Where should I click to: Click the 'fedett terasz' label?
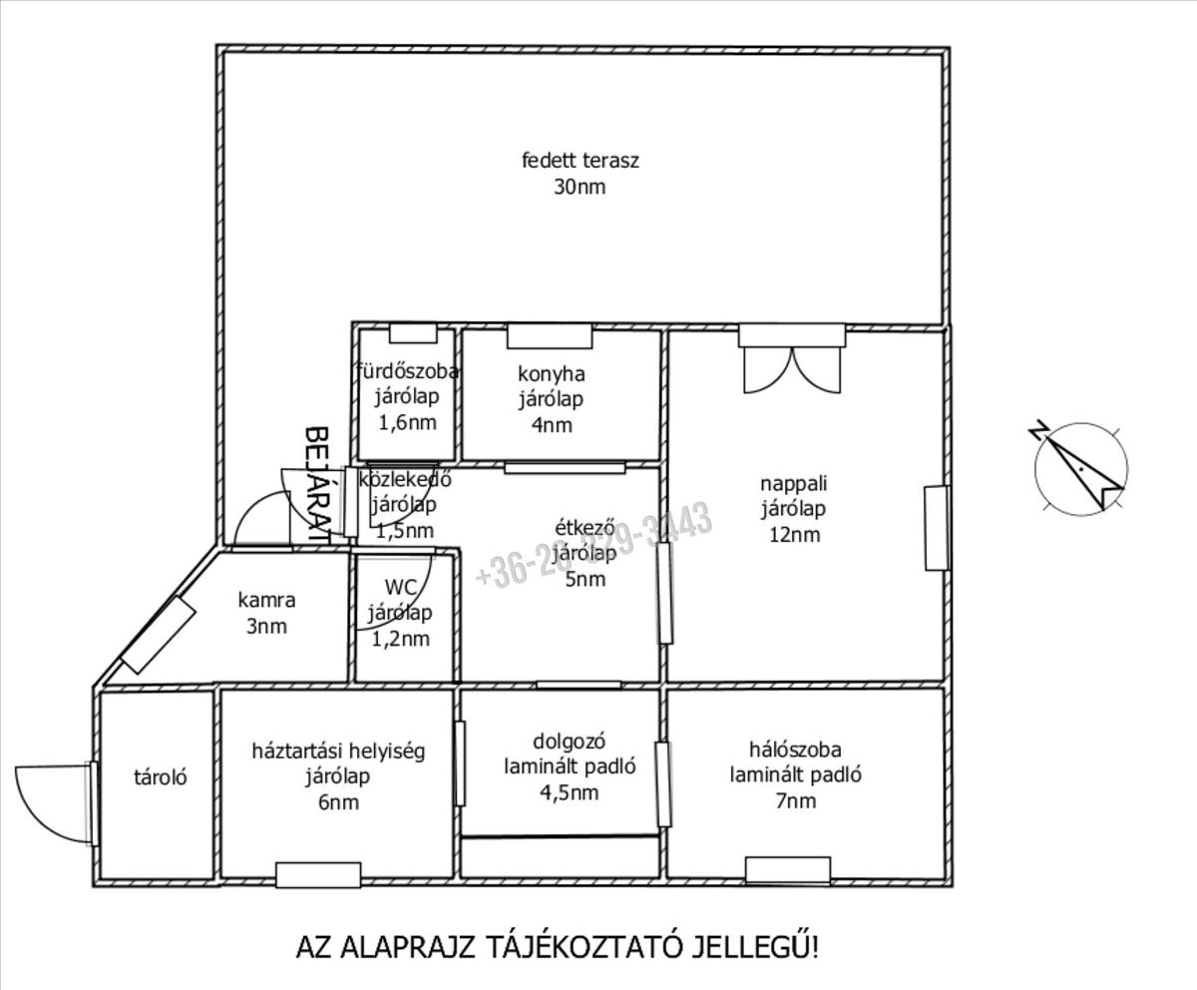pyautogui.click(x=580, y=160)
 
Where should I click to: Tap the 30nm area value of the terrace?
pyautogui.click(x=580, y=187)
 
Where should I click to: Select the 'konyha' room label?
pyautogui.click(x=551, y=374)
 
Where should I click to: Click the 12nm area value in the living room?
pyautogui.click(x=794, y=534)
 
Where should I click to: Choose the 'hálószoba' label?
pyautogui.click(x=795, y=748)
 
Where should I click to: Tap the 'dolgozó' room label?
pyautogui.click(x=570, y=742)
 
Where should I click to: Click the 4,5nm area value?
pyautogui.click(x=570, y=793)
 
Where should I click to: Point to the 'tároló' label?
pyautogui.click(x=162, y=776)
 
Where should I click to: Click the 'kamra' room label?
pyautogui.click(x=266, y=601)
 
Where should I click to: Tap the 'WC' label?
pyautogui.click(x=398, y=587)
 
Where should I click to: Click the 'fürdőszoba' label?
pyautogui.click(x=407, y=372)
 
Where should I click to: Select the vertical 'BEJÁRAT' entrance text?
pyautogui.click(x=317, y=482)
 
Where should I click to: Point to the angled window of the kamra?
pyautogui.click(x=158, y=635)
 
